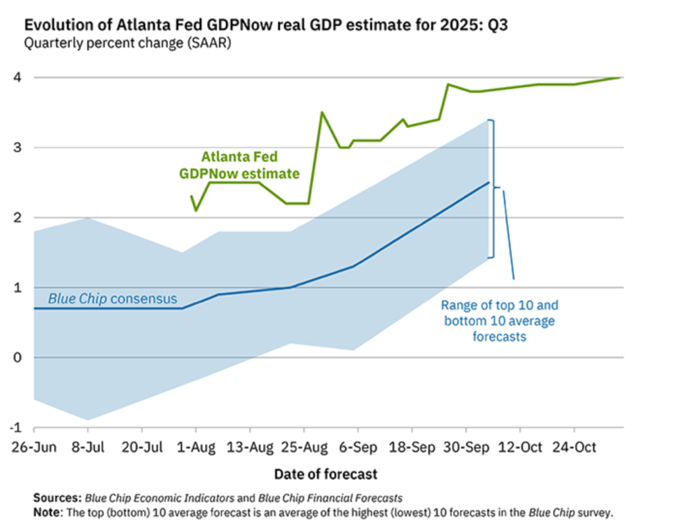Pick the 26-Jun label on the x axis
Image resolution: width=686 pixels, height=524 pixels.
click(x=31, y=446)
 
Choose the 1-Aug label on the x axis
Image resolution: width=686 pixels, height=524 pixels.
click(x=196, y=446)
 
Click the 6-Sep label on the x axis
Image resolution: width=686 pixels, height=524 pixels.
click(x=357, y=446)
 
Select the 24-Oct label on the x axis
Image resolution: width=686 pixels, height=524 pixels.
click(x=573, y=446)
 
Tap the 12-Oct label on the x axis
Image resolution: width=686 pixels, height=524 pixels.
click(x=519, y=446)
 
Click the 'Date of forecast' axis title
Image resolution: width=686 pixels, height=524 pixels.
click(x=326, y=474)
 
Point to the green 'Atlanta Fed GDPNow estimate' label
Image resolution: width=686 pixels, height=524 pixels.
click(x=238, y=166)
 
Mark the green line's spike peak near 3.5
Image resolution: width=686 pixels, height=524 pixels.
click(x=322, y=113)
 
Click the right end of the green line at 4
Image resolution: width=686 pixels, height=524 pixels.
click(x=621, y=78)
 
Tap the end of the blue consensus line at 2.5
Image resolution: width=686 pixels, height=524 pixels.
click(x=489, y=182)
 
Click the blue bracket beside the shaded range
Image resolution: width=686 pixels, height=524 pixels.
click(x=493, y=188)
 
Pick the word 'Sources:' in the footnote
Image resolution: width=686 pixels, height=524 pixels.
click(x=57, y=498)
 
